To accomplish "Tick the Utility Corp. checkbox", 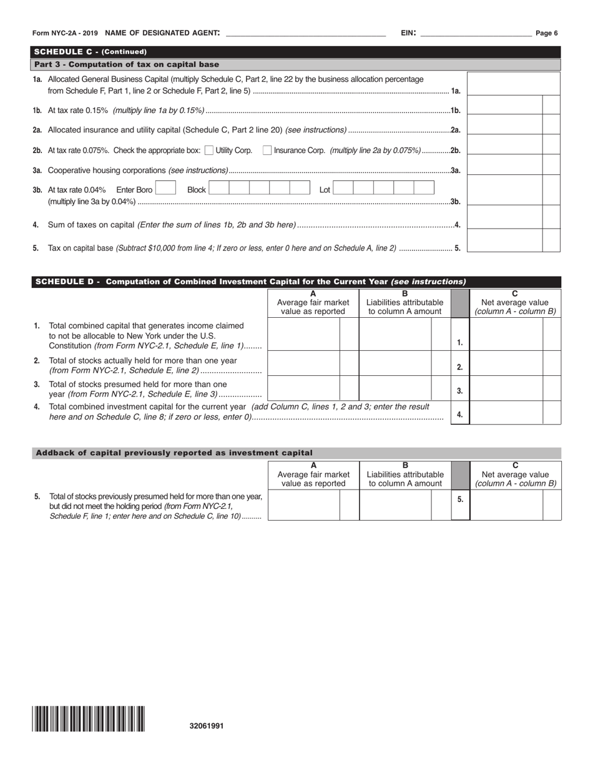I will [x=209, y=150].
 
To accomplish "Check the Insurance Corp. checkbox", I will [x=267, y=150].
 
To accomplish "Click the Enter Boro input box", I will [x=165, y=188].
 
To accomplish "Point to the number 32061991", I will [x=207, y=726].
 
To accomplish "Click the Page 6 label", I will [x=547, y=33].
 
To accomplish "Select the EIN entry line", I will [x=476, y=34].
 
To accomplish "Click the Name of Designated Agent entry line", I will [x=305, y=34].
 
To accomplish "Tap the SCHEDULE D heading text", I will [x=250, y=282].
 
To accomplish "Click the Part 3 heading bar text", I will [x=127, y=64].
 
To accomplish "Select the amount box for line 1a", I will [x=513, y=84].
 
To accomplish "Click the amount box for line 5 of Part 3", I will [x=504, y=240].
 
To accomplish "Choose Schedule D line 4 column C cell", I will [x=506, y=413].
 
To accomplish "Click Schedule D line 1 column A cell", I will [x=303, y=334].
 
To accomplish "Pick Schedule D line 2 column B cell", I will [x=395, y=363].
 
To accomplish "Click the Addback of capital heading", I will [x=174, y=453].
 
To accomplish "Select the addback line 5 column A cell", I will [x=303, y=505].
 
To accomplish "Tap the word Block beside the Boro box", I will [x=196, y=190].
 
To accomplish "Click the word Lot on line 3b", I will [x=325, y=190].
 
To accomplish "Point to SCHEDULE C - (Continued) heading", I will [x=91, y=52].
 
